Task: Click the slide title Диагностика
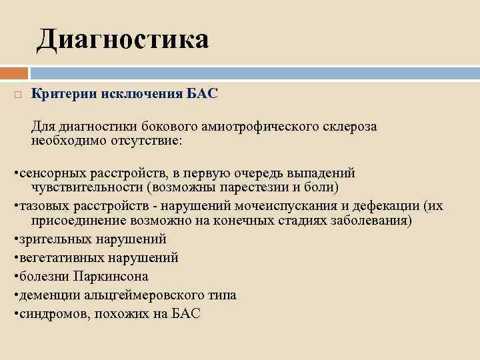[123, 39]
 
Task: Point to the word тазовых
[41, 205]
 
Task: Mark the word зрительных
[51, 239]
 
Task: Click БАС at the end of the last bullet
[186, 313]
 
